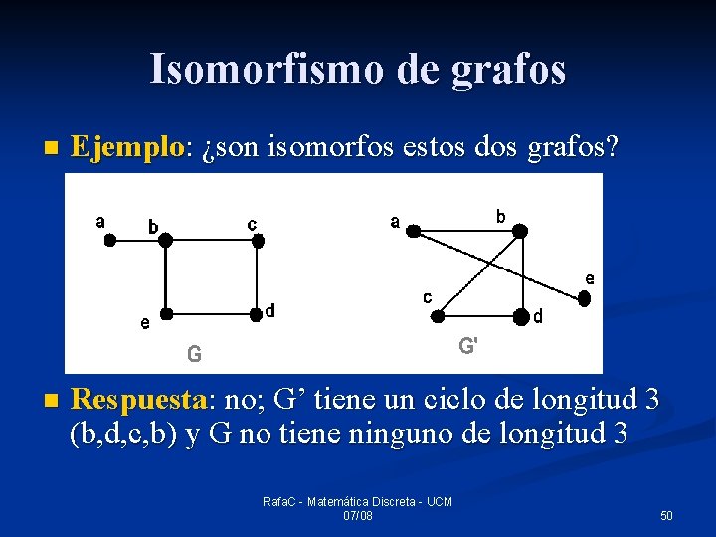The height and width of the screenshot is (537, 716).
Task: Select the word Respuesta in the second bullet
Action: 138,400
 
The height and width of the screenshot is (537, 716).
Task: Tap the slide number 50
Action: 666,516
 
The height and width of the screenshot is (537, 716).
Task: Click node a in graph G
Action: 111,238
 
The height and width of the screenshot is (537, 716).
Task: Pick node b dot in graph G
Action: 166,240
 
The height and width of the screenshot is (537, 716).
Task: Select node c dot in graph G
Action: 258,240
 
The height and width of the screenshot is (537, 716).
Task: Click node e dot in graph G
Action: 167,314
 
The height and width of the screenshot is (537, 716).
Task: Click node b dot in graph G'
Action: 519,231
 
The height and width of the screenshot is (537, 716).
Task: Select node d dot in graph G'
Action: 519,317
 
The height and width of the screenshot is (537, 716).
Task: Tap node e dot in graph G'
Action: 585,297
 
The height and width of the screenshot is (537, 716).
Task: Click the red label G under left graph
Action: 195,353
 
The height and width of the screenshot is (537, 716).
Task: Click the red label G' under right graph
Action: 468,347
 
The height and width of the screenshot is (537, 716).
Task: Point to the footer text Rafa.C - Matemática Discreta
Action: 357,502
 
